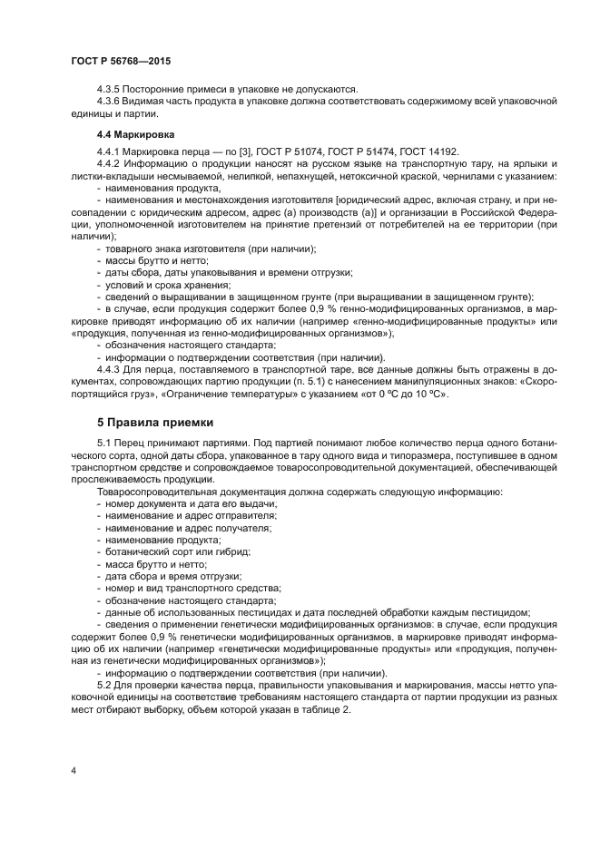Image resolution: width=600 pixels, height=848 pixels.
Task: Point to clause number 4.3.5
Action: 109,88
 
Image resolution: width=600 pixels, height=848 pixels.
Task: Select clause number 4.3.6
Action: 109,101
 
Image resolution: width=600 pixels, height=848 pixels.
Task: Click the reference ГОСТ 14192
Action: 426,151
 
